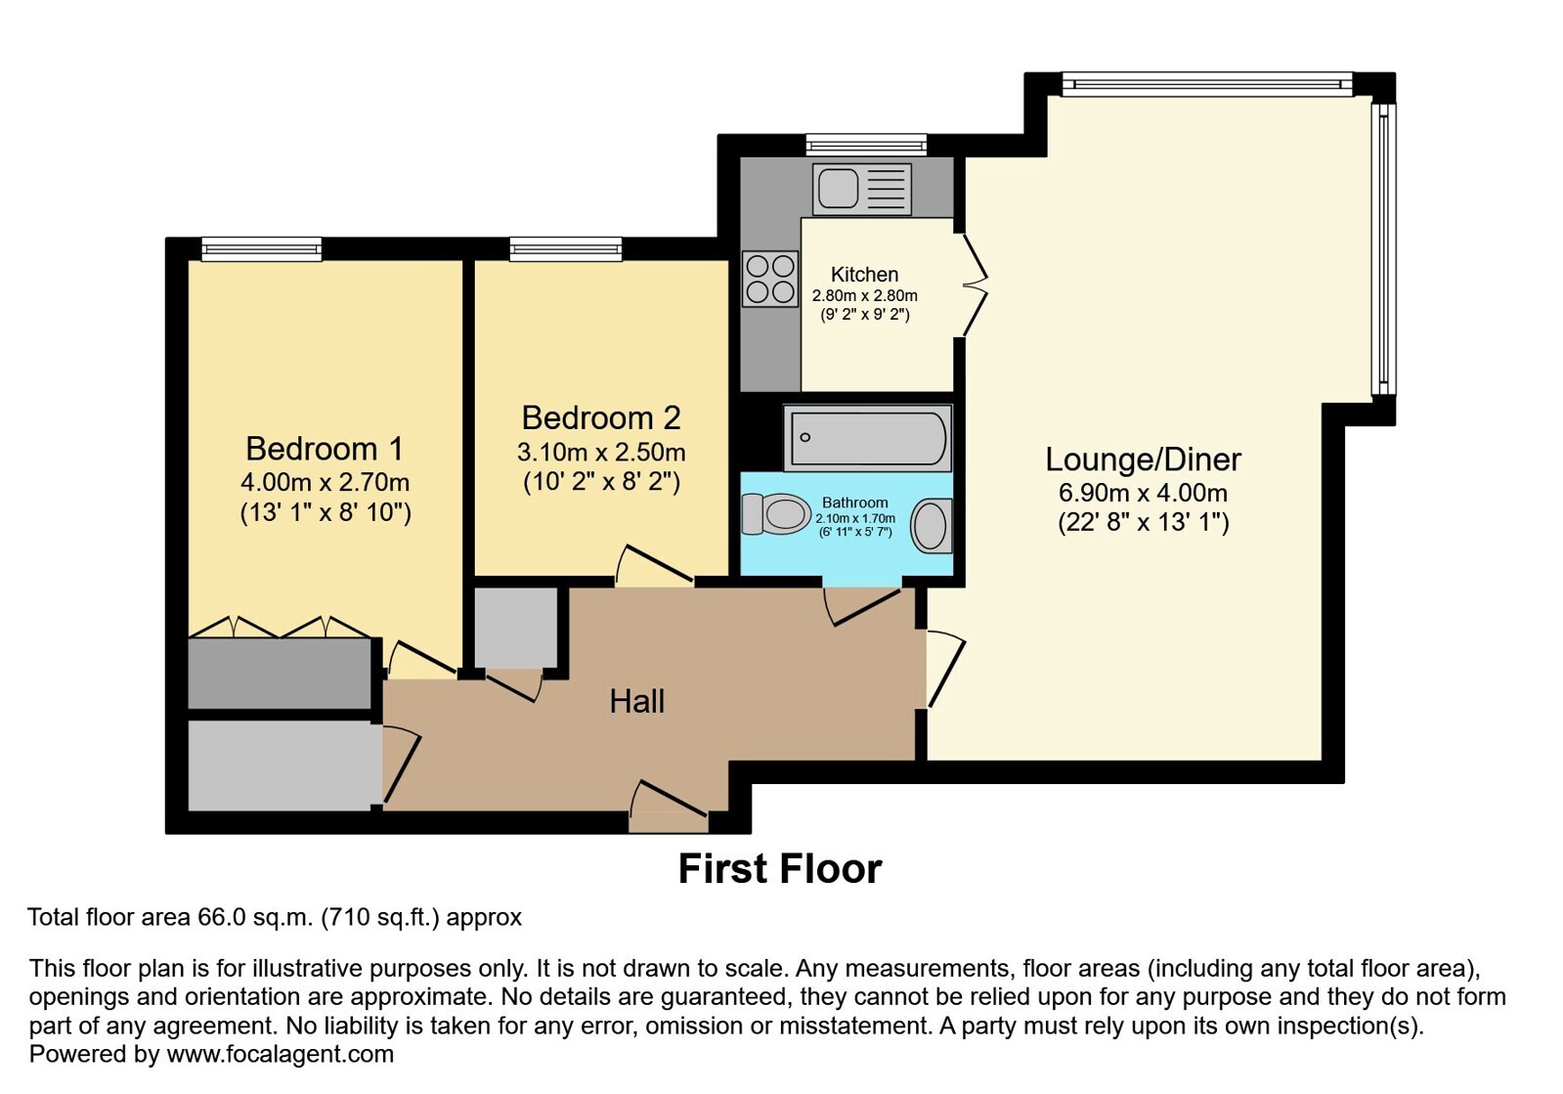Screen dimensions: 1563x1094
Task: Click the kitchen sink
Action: (x=862, y=189)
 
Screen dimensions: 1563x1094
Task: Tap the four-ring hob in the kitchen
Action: (x=770, y=280)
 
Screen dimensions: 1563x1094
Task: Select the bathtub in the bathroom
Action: (x=867, y=438)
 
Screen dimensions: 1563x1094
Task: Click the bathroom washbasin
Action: (x=932, y=526)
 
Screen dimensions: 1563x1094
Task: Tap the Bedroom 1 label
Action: (x=325, y=449)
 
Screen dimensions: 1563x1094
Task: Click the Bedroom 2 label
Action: (x=601, y=417)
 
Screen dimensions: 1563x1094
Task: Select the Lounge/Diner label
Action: (x=1143, y=459)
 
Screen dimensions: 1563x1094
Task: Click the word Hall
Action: (x=636, y=701)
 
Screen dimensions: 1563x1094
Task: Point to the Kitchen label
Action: (x=864, y=274)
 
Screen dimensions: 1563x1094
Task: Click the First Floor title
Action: (x=780, y=868)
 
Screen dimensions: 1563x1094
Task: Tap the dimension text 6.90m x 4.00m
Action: (x=1143, y=493)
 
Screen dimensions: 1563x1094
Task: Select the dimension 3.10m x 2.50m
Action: (x=601, y=453)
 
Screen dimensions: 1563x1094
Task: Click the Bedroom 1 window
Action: (x=262, y=249)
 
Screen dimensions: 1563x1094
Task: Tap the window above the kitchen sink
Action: (x=866, y=145)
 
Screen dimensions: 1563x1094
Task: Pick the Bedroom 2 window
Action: (x=565, y=249)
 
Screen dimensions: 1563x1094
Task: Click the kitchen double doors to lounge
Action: (x=974, y=284)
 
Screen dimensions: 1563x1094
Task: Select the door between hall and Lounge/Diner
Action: (x=945, y=669)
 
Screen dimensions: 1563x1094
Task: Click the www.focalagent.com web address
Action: (x=280, y=1054)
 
